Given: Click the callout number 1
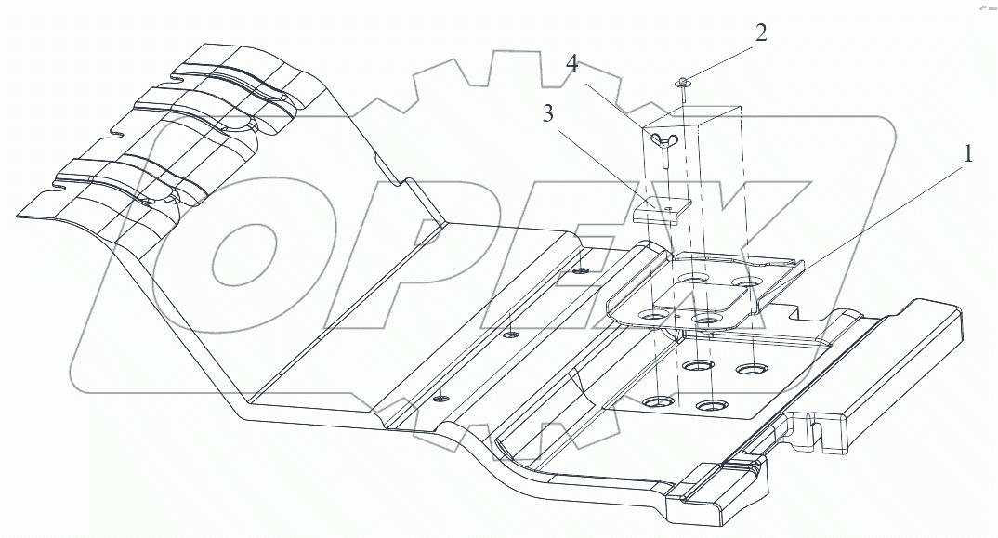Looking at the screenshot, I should (x=967, y=154).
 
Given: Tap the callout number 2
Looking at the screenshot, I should (x=761, y=34).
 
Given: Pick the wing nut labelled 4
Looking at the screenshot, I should (x=667, y=140).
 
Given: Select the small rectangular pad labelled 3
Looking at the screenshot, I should (x=658, y=210).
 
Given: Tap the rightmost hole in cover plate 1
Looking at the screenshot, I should (x=744, y=280).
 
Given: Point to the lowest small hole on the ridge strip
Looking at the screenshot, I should (x=440, y=397).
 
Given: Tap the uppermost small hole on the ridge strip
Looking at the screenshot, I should (x=580, y=270).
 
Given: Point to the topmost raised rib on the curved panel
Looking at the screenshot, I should (x=232, y=79).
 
